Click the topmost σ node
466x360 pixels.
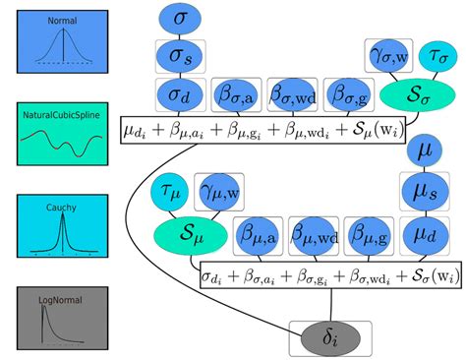coord(178,19)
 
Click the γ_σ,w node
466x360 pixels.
coord(388,56)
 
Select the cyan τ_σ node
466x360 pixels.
coord(437,56)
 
